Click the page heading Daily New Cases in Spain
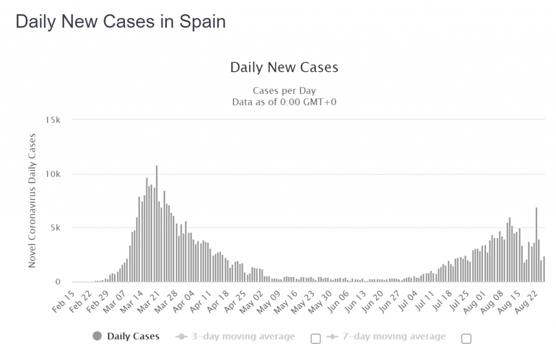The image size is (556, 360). [121, 21]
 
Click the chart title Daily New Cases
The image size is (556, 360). [284, 67]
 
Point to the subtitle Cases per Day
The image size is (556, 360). [284, 91]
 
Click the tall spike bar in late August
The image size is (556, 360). [536, 244]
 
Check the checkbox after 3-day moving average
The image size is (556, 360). [315, 339]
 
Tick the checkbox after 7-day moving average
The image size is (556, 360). [466, 339]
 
